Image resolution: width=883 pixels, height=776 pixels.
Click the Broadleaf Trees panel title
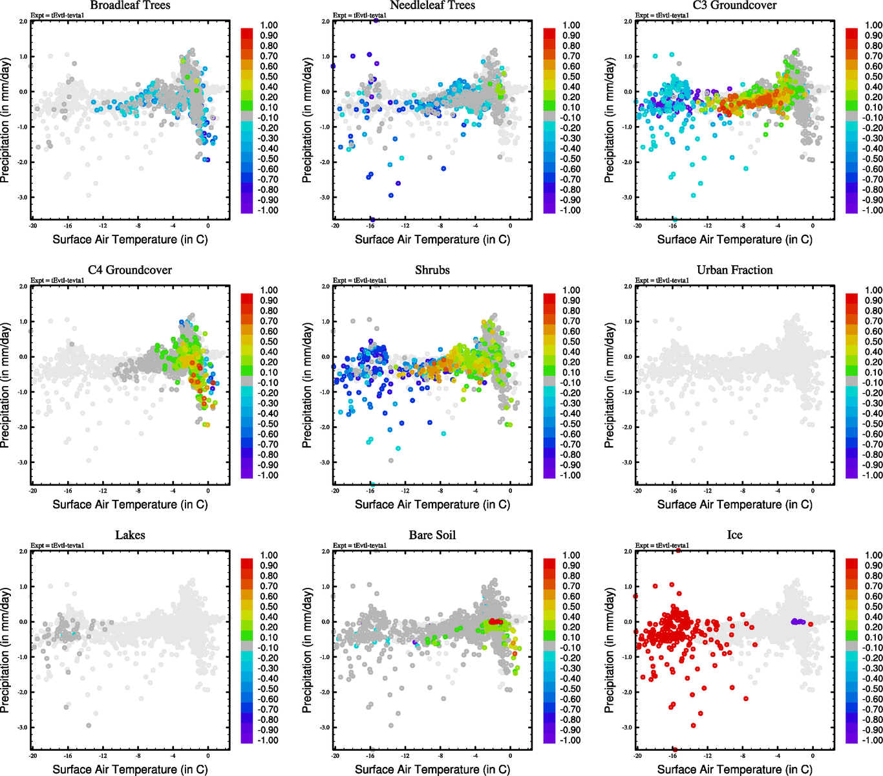pos(130,6)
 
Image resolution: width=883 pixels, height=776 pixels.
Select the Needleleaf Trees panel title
pos(432,6)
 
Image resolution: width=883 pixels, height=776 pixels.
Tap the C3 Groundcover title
pos(734,6)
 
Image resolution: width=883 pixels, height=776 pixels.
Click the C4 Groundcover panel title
pos(130,270)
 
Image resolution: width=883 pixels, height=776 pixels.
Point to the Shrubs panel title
pos(432,270)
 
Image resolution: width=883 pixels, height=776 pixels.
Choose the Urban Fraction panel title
pos(734,270)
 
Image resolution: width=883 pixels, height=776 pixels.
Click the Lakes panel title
pos(130,535)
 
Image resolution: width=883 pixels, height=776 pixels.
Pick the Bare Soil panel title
pos(432,535)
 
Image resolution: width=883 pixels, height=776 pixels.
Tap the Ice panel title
pos(734,535)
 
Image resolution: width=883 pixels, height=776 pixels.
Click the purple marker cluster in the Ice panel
pos(798,621)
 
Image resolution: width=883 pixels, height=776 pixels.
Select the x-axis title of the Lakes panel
pos(130,770)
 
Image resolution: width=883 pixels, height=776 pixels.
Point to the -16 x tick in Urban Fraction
pos(673,491)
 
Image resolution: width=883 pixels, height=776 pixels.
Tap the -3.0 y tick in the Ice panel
pos(627,727)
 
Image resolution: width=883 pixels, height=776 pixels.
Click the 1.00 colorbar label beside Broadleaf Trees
pos(269,25)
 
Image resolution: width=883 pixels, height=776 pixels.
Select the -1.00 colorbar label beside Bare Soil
pos(571,740)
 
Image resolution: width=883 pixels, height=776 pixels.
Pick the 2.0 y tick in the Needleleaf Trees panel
pos(326,21)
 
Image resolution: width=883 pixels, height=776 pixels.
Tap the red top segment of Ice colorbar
pos(851,563)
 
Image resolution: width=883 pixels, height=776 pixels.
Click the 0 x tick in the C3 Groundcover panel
pos(813,226)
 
